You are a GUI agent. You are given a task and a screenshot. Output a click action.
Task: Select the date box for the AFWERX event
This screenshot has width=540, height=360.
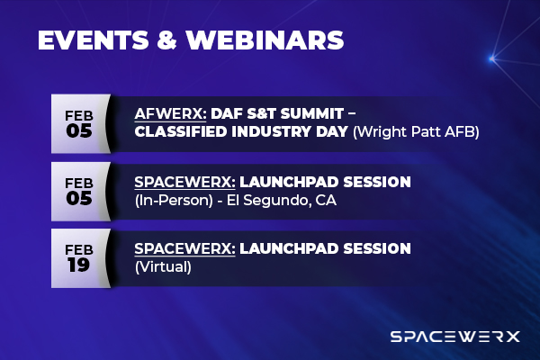(79, 123)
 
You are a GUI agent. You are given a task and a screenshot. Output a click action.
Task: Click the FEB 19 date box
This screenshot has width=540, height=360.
(79, 256)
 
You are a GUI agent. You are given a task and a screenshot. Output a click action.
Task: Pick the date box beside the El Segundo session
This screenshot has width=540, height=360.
(79, 190)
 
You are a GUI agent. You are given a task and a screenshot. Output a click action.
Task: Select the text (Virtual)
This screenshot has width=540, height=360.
(158, 267)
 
